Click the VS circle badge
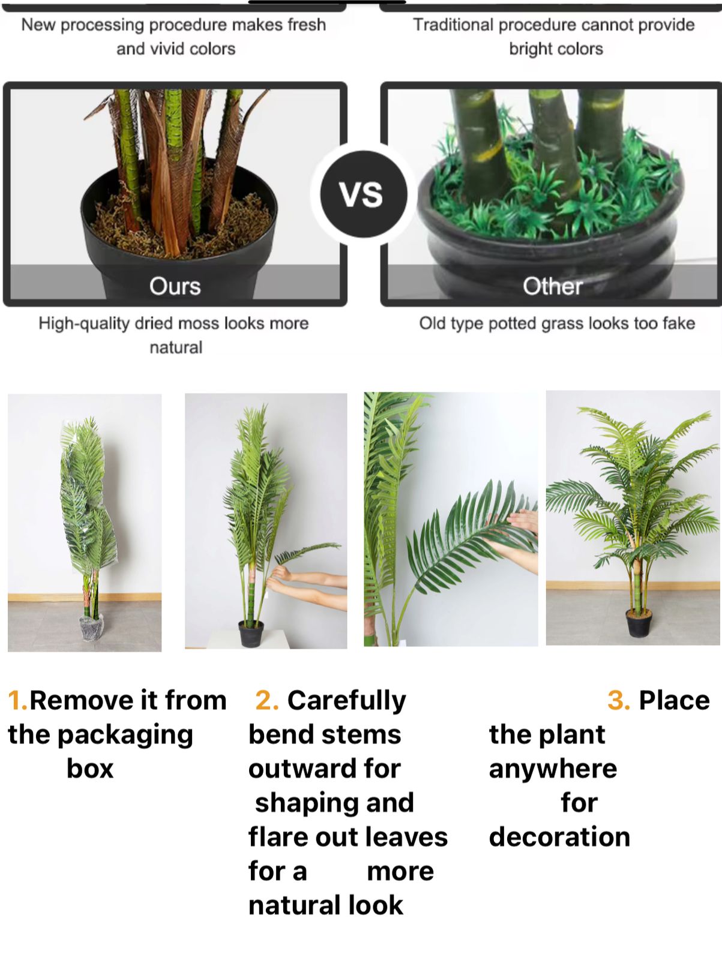364,194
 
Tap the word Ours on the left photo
175,286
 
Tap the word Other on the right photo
553,286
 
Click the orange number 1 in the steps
17,701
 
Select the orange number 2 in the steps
266,701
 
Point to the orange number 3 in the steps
619,701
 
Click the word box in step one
90,769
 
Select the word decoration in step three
559,837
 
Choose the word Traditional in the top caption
453,25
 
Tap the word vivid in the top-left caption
166,49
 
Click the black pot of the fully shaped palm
639,623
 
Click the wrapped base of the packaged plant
91,628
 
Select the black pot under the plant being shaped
251,634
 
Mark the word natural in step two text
295,905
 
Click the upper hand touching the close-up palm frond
523,521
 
